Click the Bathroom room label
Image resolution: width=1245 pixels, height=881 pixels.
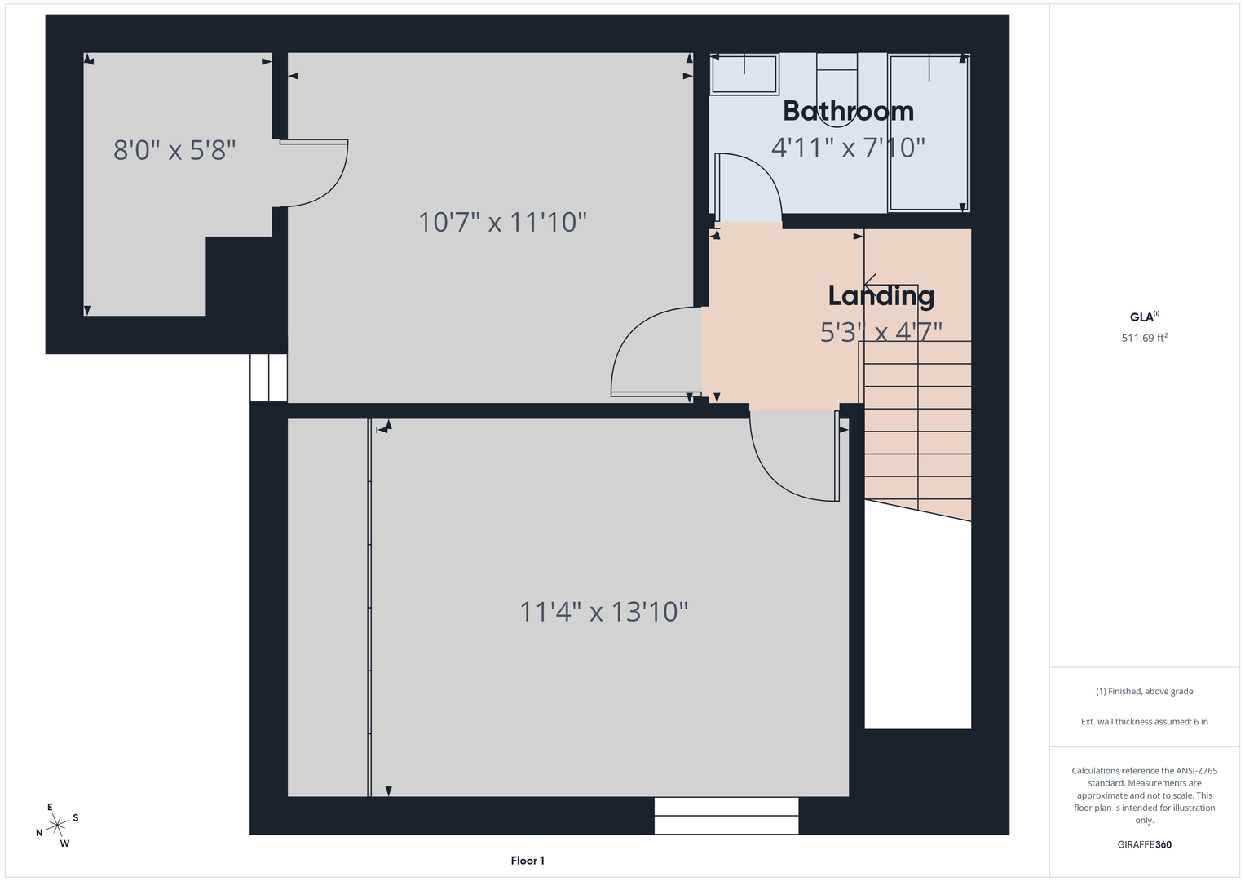click(848, 111)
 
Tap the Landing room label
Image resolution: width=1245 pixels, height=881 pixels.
click(881, 296)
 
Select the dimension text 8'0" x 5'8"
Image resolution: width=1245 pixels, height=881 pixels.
click(174, 150)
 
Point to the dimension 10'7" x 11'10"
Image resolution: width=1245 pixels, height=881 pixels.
click(502, 222)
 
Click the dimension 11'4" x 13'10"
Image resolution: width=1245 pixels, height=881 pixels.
click(603, 612)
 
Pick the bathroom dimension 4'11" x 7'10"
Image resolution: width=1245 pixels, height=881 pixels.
click(848, 148)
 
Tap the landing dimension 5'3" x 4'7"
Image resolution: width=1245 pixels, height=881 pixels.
click(881, 332)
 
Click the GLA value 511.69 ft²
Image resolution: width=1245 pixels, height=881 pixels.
click(1145, 338)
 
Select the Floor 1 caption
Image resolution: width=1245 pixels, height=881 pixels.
click(528, 861)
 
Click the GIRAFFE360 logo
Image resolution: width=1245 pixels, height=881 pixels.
click(1145, 844)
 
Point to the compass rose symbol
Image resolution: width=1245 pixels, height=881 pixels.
click(57, 824)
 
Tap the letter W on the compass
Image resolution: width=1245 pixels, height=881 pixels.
click(64, 843)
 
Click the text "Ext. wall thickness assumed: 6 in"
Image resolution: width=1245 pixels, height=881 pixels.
click(1145, 721)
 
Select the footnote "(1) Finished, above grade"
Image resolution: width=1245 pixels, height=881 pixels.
click(1145, 692)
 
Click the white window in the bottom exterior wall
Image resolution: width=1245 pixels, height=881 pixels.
click(726, 816)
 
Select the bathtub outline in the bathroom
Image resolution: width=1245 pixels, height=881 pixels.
click(928, 132)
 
